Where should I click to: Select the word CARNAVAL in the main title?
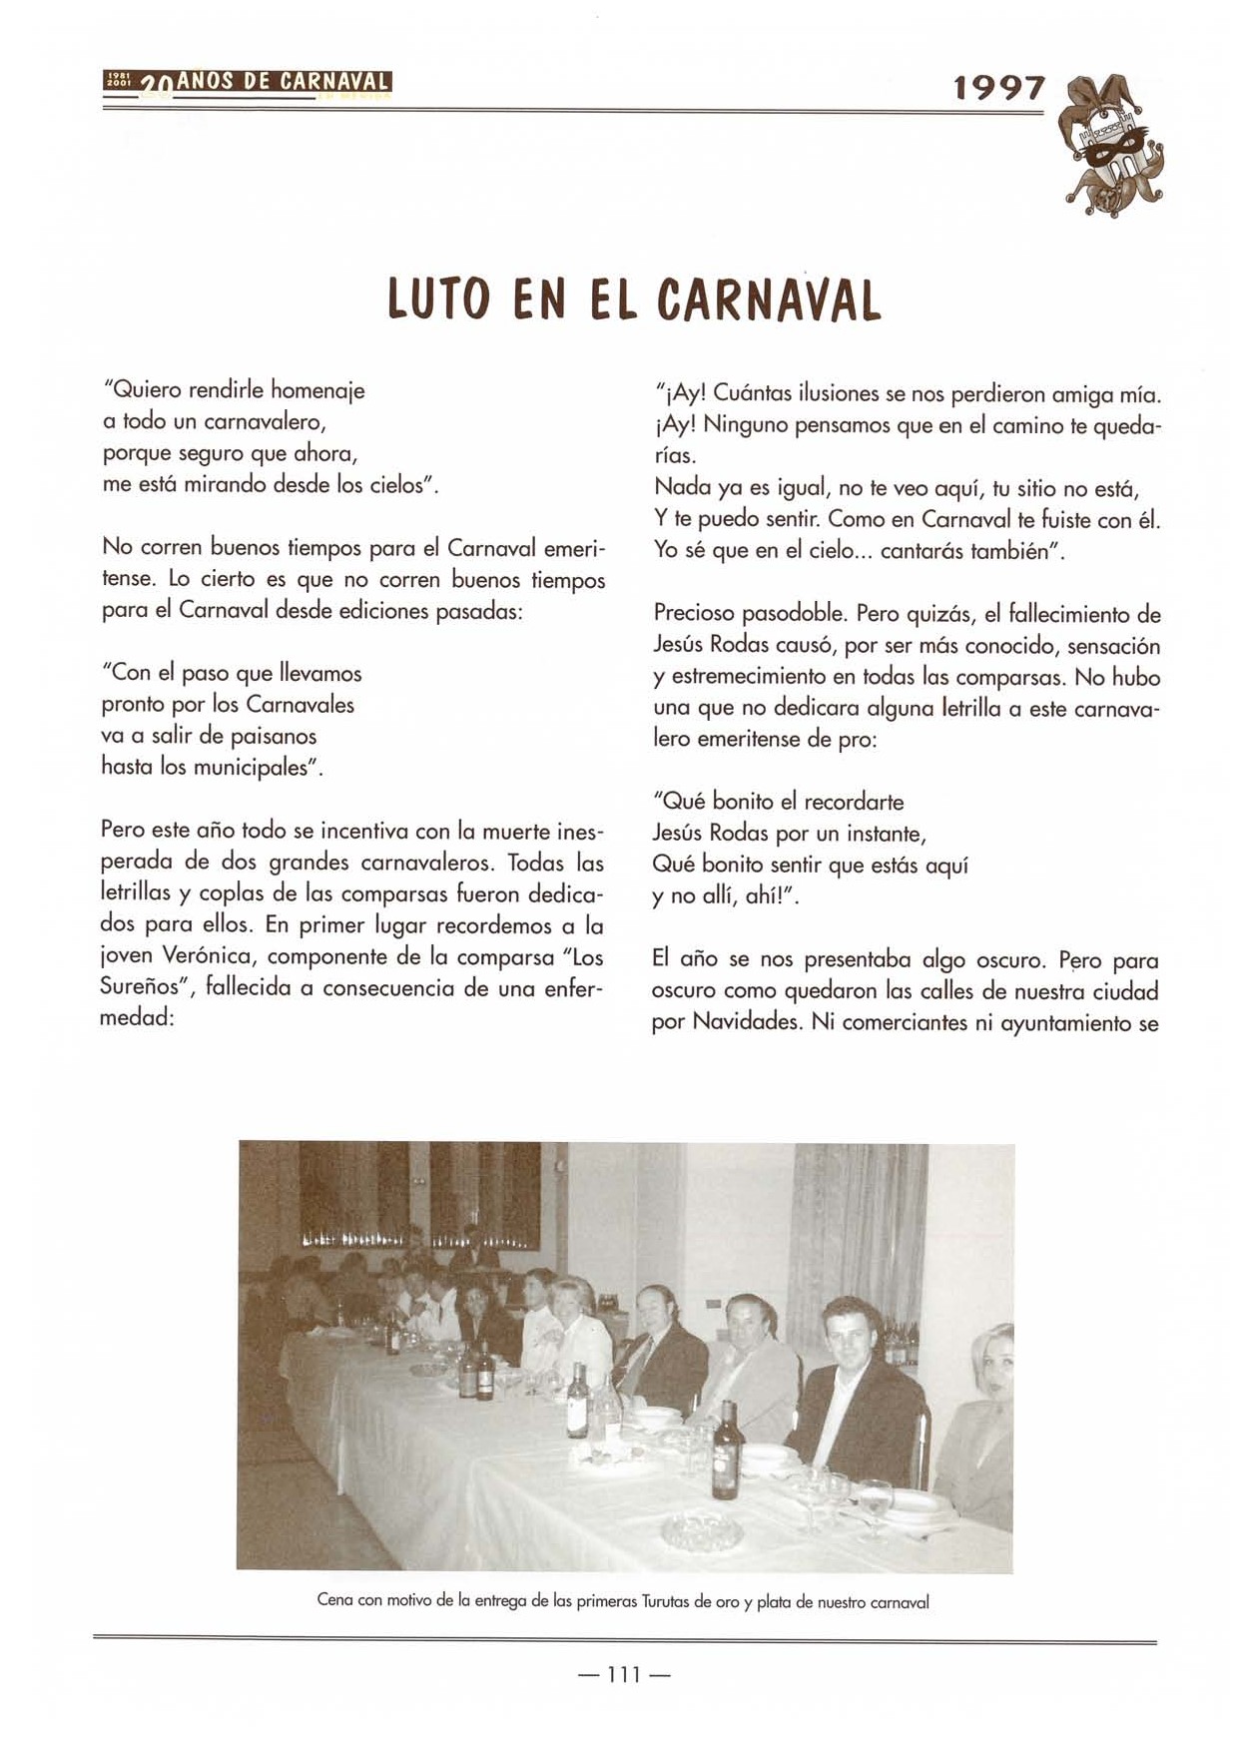click(769, 298)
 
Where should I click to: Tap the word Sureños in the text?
click(144, 988)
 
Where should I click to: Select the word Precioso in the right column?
click(696, 614)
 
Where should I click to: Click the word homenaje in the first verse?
click(318, 390)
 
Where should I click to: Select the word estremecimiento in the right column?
click(748, 677)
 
